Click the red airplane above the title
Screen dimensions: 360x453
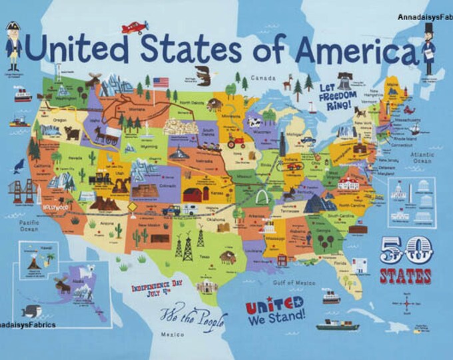(135, 27)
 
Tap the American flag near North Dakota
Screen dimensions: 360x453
(161, 83)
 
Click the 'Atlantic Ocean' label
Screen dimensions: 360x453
(423, 157)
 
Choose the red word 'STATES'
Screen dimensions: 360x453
(406, 275)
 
